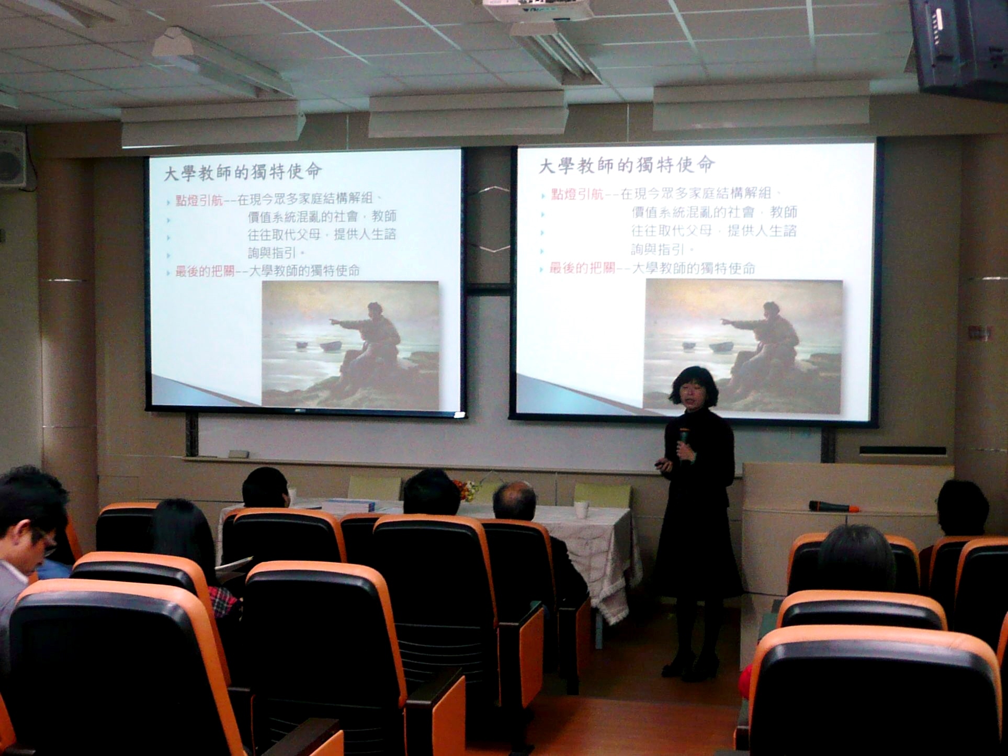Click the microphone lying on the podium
(x=834, y=506)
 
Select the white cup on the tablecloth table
(x=581, y=509)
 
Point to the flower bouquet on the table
(x=467, y=490)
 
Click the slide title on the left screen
(x=243, y=172)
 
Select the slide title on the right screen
(x=626, y=165)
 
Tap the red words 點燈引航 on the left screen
(x=199, y=200)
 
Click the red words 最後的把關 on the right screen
(x=582, y=269)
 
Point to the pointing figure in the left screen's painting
(x=366, y=340)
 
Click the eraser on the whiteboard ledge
(x=239, y=454)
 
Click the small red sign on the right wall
(x=980, y=333)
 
